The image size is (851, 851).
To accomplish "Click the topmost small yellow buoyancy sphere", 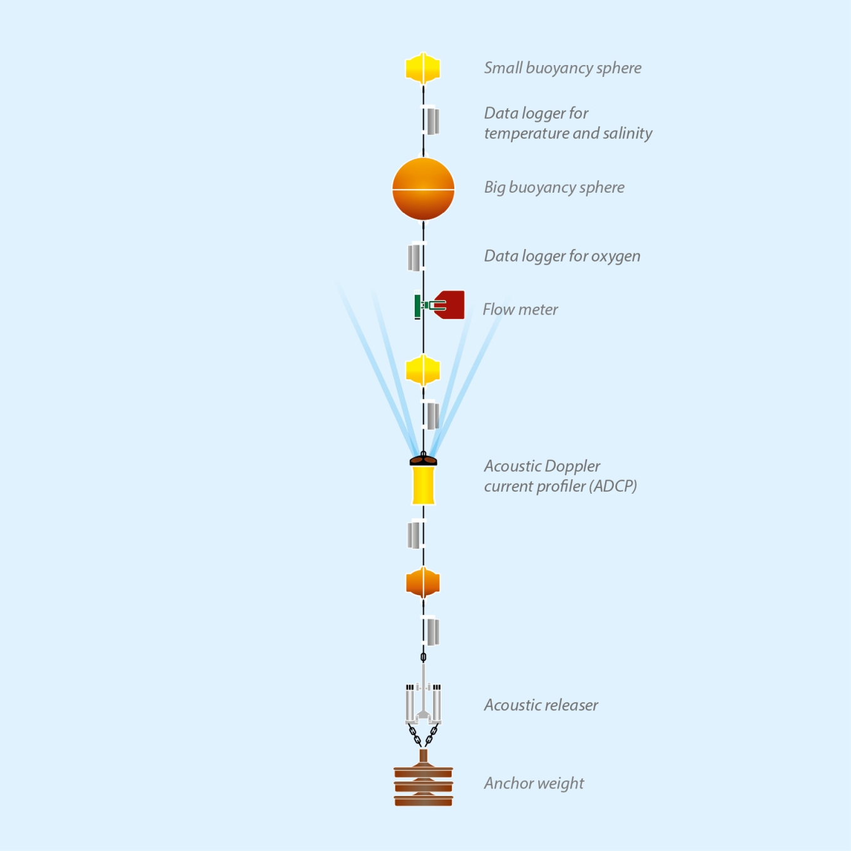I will (x=423, y=68).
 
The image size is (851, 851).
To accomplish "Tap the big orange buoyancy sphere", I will (x=423, y=189).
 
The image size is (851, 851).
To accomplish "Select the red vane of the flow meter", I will (x=452, y=305).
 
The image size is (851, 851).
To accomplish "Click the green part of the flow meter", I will (x=418, y=306).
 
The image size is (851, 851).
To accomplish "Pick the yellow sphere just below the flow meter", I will (x=423, y=370).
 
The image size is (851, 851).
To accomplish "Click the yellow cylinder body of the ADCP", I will (x=423, y=486).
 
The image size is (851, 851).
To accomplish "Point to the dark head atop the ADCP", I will (x=423, y=461).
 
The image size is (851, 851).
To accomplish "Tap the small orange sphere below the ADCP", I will (x=423, y=583).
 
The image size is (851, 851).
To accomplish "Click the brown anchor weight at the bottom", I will (x=423, y=785).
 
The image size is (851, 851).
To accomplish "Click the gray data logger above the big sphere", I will (x=432, y=121).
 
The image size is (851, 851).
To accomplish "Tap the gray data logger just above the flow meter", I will (x=414, y=257).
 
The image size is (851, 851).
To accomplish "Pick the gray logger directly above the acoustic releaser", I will (x=432, y=632).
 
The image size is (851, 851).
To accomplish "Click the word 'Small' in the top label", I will (x=502, y=68).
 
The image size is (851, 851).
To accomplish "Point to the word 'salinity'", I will (x=627, y=133).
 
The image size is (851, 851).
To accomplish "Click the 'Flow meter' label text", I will (x=520, y=310).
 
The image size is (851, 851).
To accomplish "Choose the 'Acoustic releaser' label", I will (x=541, y=705).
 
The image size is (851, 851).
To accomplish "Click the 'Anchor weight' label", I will (x=534, y=783).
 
